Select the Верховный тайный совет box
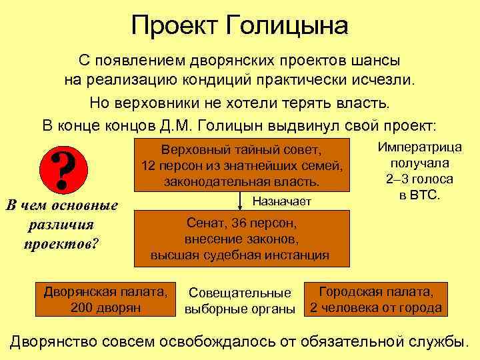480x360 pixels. [x=241, y=164]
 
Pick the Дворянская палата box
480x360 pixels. [x=105, y=299]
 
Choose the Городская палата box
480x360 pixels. [x=375, y=299]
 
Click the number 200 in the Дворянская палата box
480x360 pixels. [x=82, y=307]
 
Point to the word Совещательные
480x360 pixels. [x=240, y=293]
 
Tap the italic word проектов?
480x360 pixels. [x=61, y=242]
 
